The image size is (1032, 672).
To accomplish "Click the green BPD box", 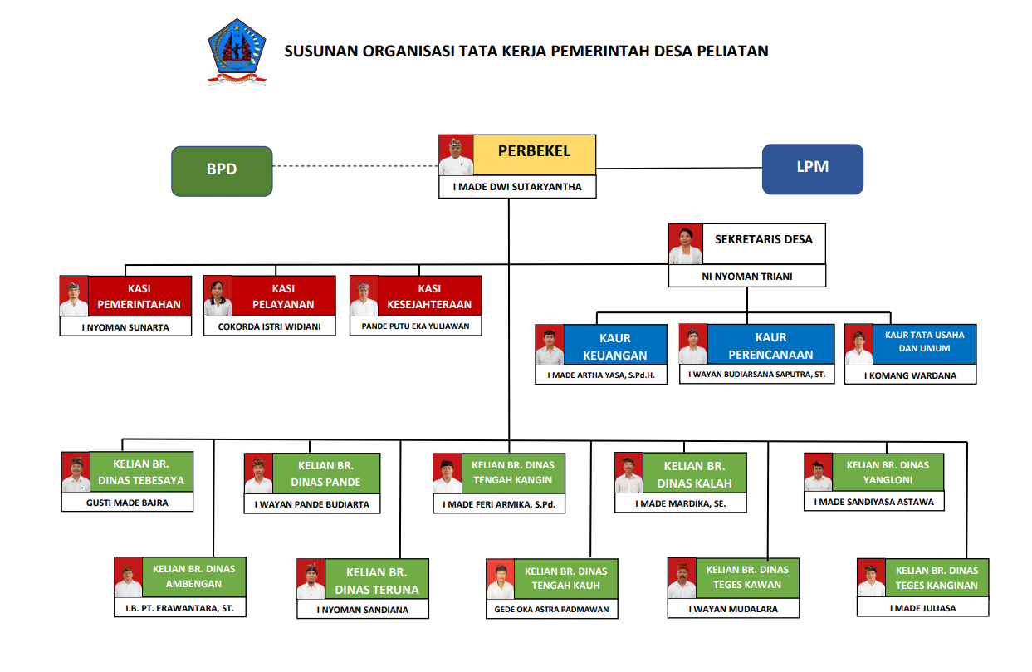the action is coord(222,171).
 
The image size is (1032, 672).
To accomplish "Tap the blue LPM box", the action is coord(812,169).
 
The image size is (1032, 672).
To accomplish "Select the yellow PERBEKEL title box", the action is coord(535,155).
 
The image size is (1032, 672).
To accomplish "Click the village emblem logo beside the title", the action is coord(237,52).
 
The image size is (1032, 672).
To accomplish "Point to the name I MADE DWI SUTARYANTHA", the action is coord(517,187).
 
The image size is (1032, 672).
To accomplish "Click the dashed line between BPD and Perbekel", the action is coord(355,166).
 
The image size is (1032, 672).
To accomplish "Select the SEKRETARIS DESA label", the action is coord(763,239).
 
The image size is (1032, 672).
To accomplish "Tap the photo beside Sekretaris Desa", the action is coord(686,244).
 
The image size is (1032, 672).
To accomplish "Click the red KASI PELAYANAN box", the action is coord(283,296).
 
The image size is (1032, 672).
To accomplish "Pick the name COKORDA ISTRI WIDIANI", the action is coord(269,326).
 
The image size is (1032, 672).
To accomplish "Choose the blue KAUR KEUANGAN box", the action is coord(615,345).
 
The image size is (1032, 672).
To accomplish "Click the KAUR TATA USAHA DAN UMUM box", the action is coord(924,344).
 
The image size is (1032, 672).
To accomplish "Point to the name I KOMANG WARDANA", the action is coord(910,375).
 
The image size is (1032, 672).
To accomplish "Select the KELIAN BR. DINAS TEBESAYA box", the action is coord(141,472).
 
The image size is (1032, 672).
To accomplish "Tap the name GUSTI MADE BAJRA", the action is coord(127,503).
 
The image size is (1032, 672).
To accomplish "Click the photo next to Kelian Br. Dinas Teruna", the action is coord(311,579).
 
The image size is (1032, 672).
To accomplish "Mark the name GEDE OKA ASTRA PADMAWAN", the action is coord(551,610).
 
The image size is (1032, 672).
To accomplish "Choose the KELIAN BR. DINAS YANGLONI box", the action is coord(888,473).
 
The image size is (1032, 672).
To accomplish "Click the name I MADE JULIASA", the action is coord(922,608).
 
